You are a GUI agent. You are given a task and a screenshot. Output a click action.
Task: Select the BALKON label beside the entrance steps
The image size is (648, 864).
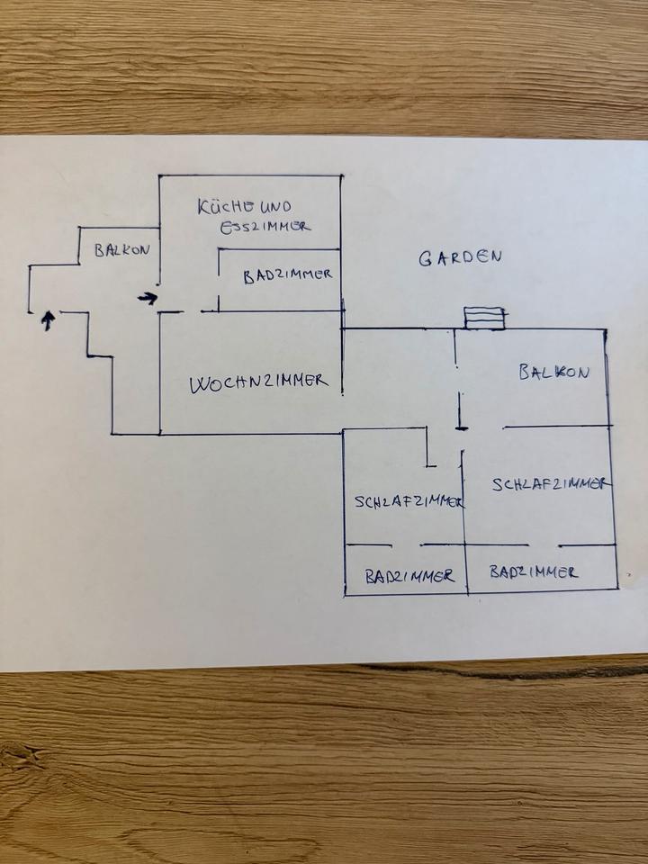(121, 250)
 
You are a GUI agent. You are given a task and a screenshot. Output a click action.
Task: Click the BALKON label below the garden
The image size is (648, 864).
(553, 372)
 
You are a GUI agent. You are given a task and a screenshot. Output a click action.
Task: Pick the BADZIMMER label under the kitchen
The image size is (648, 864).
(288, 276)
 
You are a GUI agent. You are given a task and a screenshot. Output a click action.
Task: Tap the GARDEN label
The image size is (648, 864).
(459, 257)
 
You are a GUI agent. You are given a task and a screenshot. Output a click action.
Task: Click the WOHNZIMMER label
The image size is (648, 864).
(257, 383)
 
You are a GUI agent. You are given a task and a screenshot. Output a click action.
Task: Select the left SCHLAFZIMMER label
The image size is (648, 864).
(407, 502)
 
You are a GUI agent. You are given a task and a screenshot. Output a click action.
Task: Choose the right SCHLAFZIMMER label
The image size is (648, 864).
(551, 484)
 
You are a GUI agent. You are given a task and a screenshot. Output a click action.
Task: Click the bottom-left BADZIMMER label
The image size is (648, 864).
(409, 577)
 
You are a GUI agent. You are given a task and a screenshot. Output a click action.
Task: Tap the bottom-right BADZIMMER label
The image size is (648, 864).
(533, 571)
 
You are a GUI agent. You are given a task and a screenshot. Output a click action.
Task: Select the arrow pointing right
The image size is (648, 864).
(147, 297)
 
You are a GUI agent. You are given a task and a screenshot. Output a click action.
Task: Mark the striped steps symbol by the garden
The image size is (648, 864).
(484, 318)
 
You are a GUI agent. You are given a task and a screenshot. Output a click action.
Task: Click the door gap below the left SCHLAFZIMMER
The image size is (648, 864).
(407, 544)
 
